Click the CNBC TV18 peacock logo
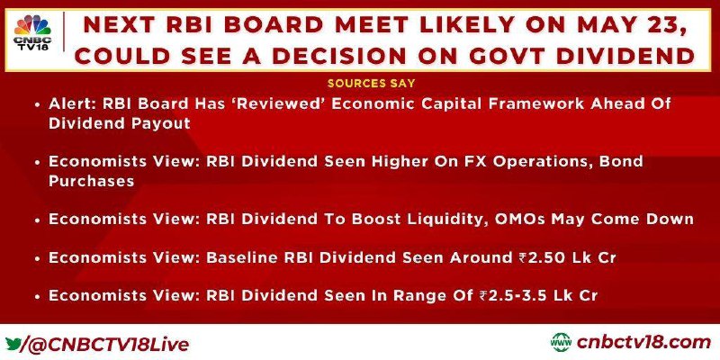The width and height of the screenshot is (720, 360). tap(32, 32)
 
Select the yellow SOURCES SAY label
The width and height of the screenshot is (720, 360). tap(372, 83)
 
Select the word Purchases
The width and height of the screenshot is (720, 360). tap(92, 181)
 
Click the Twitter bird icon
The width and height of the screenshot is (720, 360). tap(13, 344)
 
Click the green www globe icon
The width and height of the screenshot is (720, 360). tap(561, 343)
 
